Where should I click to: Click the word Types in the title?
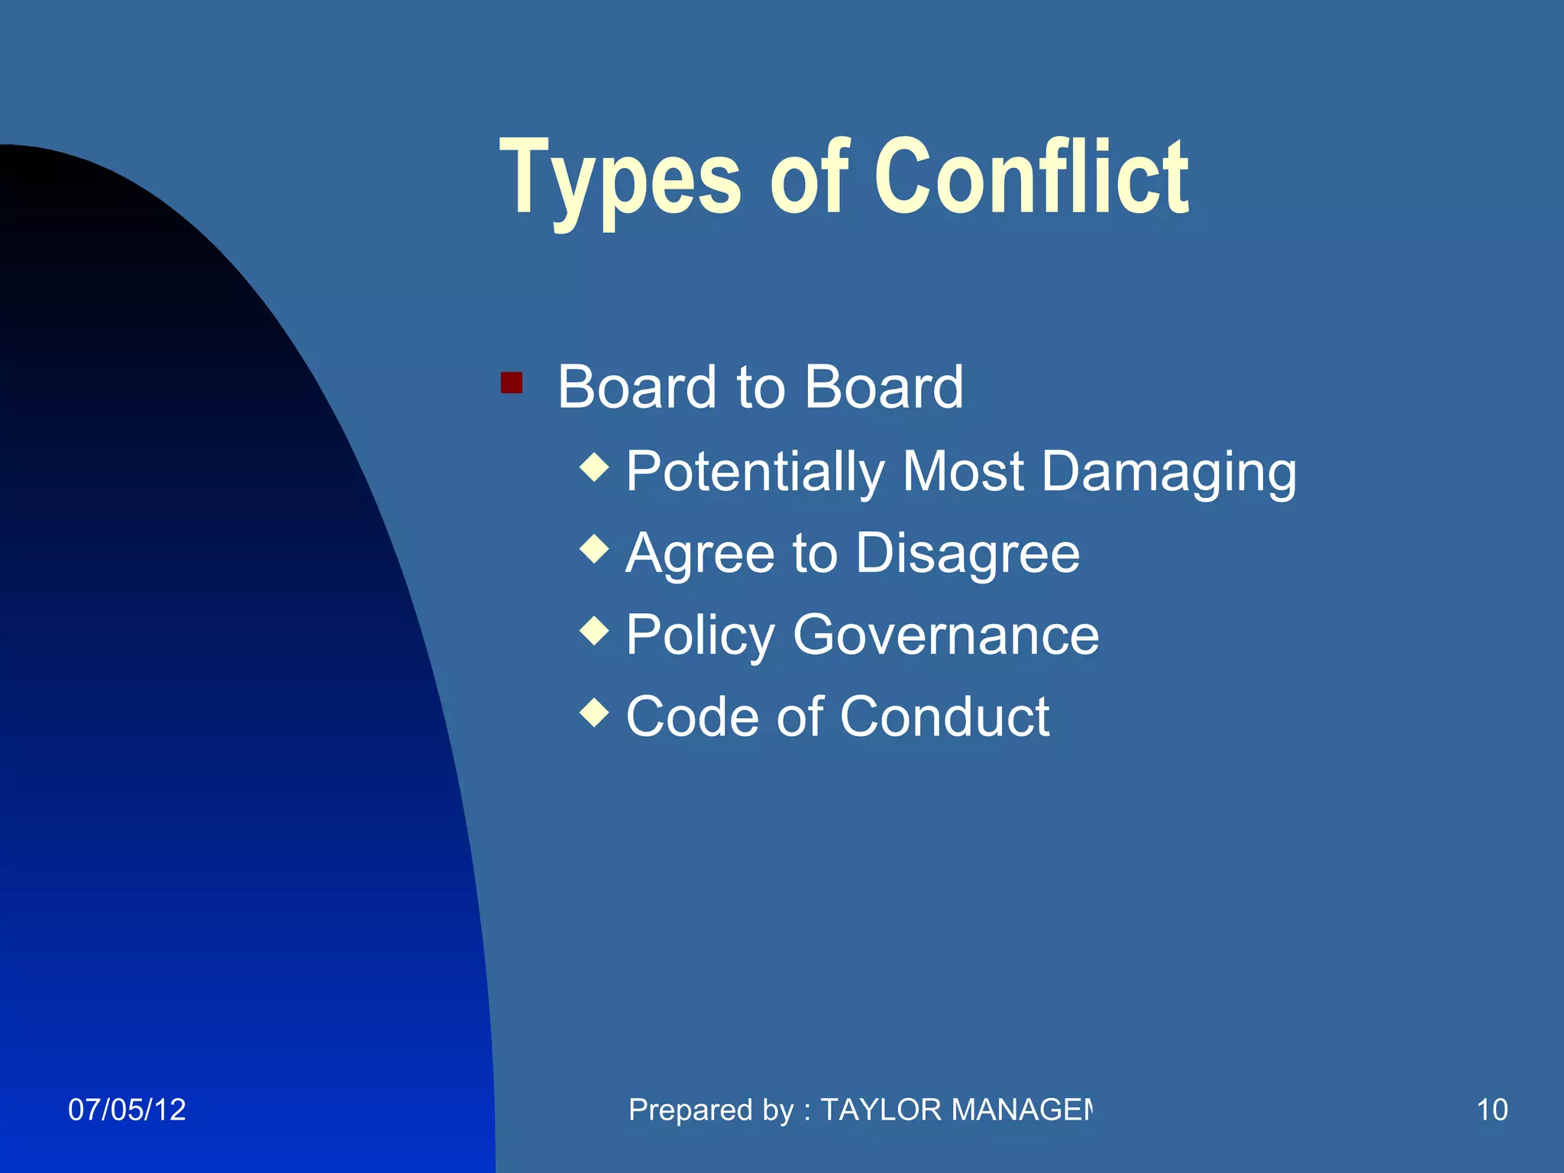(x=619, y=179)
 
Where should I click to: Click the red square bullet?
(x=511, y=382)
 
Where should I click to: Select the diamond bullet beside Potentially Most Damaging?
(x=594, y=467)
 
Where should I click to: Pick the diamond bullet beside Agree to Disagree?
(x=594, y=548)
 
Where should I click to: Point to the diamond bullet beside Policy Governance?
(x=594, y=631)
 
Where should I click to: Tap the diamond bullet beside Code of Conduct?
(x=594, y=713)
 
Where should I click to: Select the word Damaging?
(x=1168, y=472)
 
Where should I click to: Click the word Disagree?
(x=968, y=553)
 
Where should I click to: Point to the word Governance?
(x=946, y=635)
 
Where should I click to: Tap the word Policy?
(x=700, y=636)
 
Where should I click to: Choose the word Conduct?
(x=945, y=717)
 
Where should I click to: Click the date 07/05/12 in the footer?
(x=127, y=1110)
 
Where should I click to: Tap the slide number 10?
(x=1492, y=1110)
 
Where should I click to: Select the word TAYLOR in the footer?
(x=881, y=1110)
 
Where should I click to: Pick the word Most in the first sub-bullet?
(x=963, y=471)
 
